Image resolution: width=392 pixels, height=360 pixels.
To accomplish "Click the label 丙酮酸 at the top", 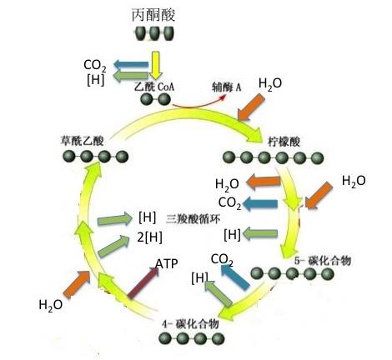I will pyautogui.click(x=153, y=15).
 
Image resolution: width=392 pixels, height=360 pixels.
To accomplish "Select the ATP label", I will pyautogui.click(x=166, y=264).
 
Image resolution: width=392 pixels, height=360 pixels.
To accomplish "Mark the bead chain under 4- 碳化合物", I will pyautogui.click(x=193, y=338).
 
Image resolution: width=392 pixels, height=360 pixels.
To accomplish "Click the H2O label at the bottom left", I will pyautogui.click(x=51, y=304).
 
